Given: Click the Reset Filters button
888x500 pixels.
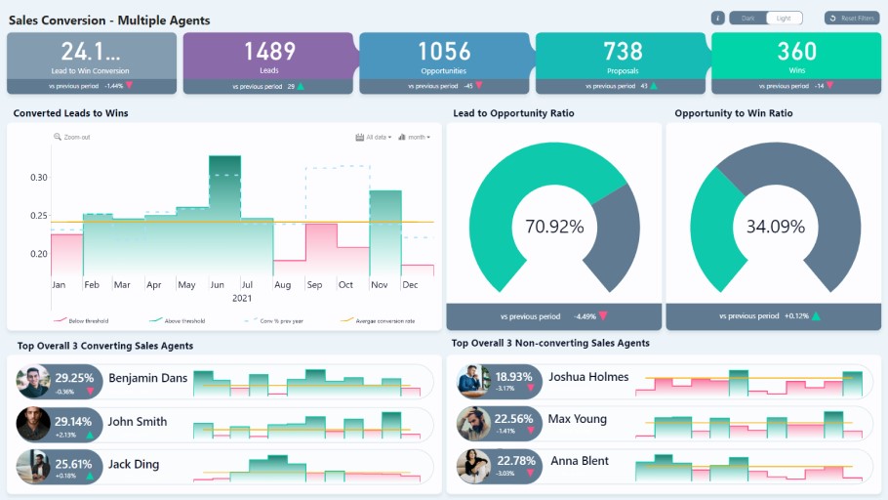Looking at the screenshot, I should point(851,18).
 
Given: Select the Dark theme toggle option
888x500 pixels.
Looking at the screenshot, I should point(747,18).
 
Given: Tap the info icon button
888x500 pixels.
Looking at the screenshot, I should point(717,18).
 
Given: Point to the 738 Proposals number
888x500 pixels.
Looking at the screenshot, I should point(623,51).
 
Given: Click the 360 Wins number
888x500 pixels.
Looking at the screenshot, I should point(797,51).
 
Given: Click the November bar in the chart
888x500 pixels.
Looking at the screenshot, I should point(384,234).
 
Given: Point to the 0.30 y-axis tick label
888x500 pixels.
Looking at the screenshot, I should point(39,178).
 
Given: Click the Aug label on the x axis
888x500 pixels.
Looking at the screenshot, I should point(282,285).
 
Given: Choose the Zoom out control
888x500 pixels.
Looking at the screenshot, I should point(72,137).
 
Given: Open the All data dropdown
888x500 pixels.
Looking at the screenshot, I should point(375,137).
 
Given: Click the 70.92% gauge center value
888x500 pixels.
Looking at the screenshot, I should point(554,227).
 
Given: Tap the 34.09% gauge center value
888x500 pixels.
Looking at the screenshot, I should point(775,227).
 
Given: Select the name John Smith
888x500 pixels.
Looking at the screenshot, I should point(137,422).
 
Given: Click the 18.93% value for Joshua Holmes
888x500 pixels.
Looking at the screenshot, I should point(513,376).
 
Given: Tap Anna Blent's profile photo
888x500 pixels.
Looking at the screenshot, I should point(473,465).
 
